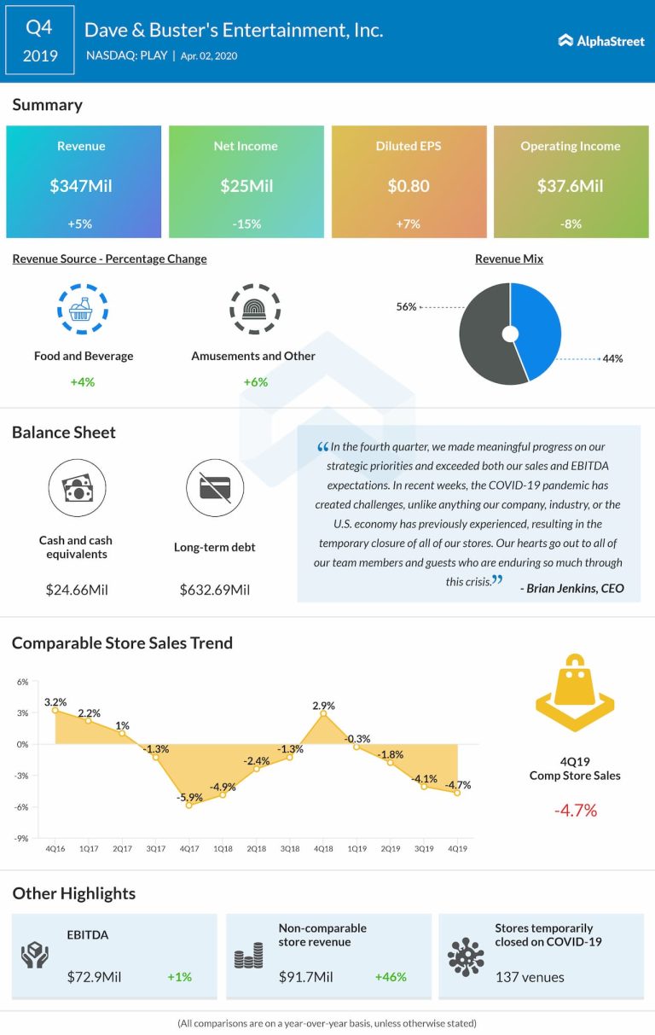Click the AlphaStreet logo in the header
[601, 40]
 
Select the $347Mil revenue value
[84, 185]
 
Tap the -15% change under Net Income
[246, 224]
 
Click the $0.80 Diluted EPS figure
[409, 185]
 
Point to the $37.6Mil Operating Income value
[571, 185]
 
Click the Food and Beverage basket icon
[83, 308]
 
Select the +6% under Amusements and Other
[253, 381]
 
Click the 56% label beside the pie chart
[406, 306]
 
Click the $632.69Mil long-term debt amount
[215, 590]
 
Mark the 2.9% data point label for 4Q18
[323, 706]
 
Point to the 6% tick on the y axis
[22, 682]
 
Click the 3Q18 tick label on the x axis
[289, 849]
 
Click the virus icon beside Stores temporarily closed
[466, 957]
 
